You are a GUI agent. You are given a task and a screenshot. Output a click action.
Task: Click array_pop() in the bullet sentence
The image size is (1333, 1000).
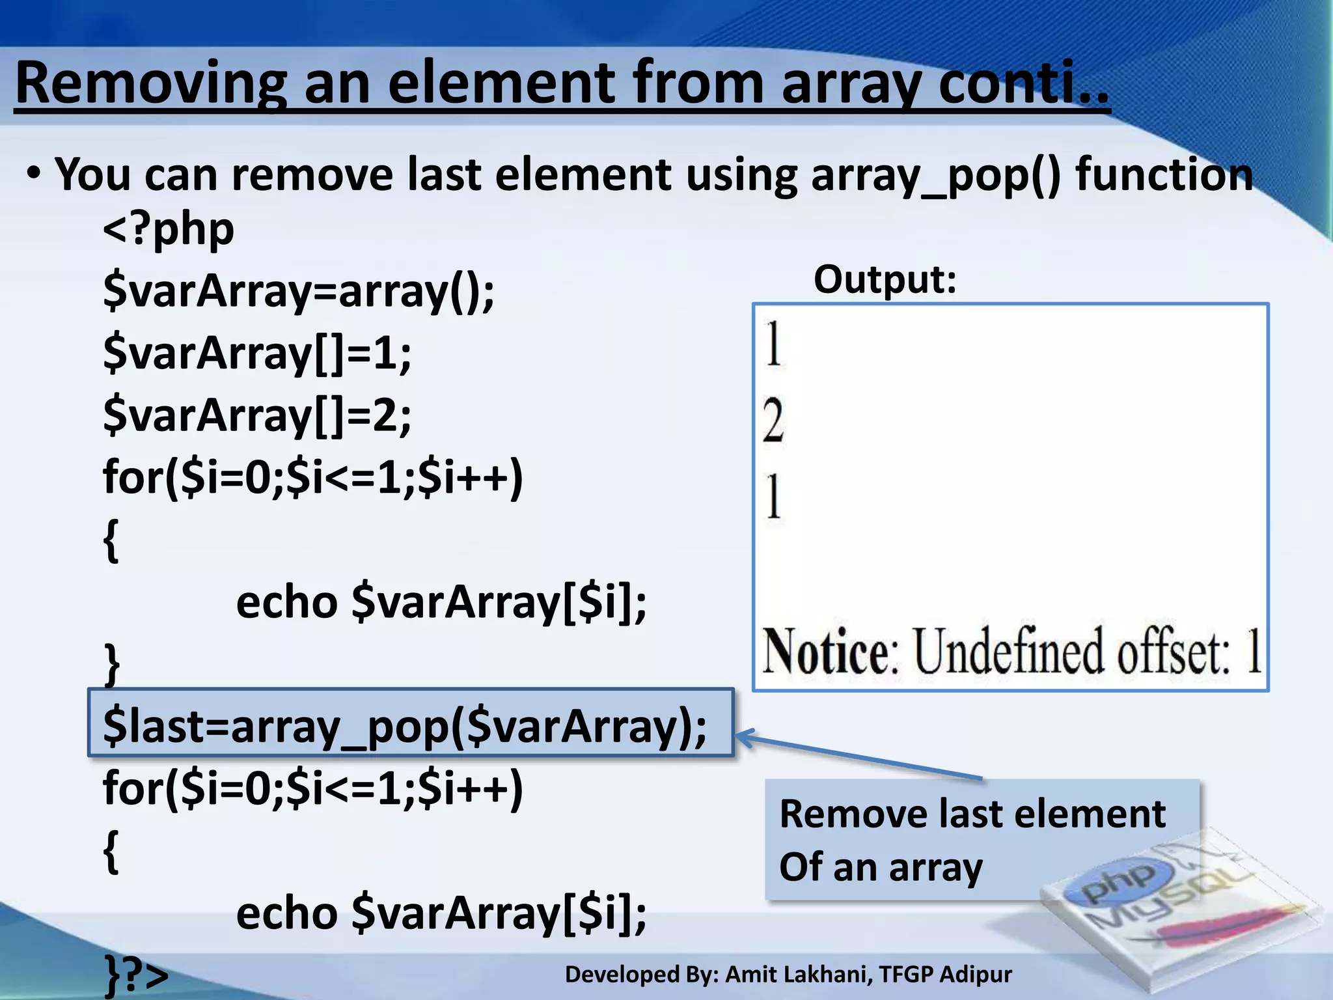[x=935, y=175]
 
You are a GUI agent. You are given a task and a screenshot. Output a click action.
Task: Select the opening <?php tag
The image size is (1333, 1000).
[x=169, y=229]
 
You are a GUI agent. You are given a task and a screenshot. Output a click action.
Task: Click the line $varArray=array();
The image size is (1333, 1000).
[x=299, y=290]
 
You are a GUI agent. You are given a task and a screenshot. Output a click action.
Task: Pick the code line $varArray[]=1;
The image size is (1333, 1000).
[x=257, y=353]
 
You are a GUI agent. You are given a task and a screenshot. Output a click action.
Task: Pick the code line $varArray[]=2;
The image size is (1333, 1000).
[x=257, y=415]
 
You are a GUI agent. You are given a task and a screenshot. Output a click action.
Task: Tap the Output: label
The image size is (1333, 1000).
[x=885, y=280]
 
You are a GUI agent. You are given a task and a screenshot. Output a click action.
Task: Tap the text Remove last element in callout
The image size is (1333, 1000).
[x=972, y=814]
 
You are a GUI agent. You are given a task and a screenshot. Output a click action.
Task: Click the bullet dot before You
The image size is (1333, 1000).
[x=34, y=174]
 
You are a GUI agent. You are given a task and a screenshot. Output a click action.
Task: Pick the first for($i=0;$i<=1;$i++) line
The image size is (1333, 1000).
[x=312, y=477]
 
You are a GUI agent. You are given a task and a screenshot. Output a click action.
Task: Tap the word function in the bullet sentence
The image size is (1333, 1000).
[x=1164, y=175]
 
